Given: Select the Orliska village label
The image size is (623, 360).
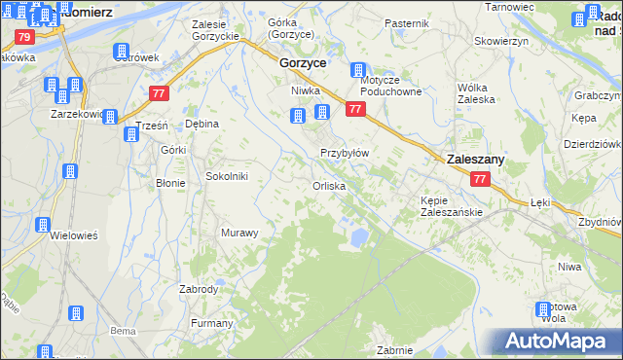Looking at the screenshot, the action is tap(329, 185).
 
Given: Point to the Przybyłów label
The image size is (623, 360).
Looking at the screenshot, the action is tap(345, 153).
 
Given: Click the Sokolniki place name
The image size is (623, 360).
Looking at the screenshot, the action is tap(228, 176).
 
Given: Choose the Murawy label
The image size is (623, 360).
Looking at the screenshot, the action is tap(239, 233).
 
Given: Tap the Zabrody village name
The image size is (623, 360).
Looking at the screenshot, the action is tap(199, 289).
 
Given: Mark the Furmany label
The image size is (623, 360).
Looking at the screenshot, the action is tap(212, 323).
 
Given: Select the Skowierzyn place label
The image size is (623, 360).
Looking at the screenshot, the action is tap(500, 41).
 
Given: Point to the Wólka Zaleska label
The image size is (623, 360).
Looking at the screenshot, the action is tap(477, 92).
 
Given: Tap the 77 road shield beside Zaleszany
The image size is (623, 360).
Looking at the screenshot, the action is tap(479, 180).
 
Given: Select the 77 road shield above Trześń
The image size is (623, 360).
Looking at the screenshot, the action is tap(160, 93).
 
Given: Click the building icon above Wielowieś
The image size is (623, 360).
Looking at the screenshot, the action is tap(43, 225).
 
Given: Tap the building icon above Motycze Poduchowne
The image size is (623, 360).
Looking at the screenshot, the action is tap(359, 70).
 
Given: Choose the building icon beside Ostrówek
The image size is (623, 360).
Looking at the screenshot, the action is tap(122, 52).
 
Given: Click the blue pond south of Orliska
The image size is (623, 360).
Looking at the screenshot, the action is tap(357, 235).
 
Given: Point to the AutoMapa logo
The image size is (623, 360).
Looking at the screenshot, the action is tap(559, 341).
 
